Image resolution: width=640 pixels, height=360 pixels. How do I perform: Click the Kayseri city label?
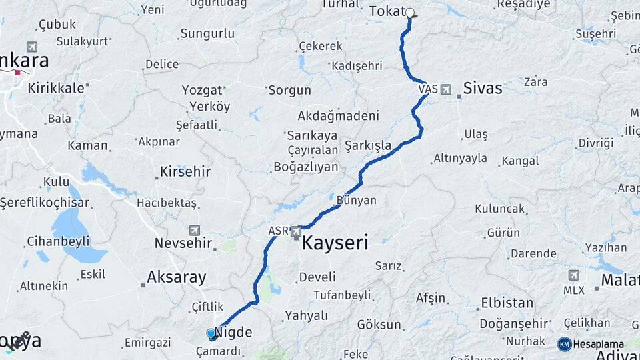335,243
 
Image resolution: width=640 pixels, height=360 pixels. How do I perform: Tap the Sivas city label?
482,87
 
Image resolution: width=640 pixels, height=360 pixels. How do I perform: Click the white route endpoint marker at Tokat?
410,12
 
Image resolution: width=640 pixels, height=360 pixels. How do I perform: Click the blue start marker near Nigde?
211,333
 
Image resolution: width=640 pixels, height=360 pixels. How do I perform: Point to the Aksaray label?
176,277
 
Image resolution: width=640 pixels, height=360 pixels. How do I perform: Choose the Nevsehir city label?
183,243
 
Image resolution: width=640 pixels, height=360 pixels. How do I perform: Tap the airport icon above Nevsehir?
194,230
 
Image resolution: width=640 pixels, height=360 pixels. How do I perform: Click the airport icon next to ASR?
295,231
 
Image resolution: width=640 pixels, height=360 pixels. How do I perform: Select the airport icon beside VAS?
445,89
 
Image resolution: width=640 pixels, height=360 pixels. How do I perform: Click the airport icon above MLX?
573,275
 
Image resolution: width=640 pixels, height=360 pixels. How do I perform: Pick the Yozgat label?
202,90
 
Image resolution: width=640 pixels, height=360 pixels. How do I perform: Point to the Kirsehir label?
185,171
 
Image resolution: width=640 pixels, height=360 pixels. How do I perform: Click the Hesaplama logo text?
599,344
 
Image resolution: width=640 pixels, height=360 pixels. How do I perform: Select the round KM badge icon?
564,344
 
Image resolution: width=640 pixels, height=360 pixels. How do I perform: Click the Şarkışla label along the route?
367,145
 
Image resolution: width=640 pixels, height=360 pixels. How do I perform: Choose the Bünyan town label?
356,200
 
